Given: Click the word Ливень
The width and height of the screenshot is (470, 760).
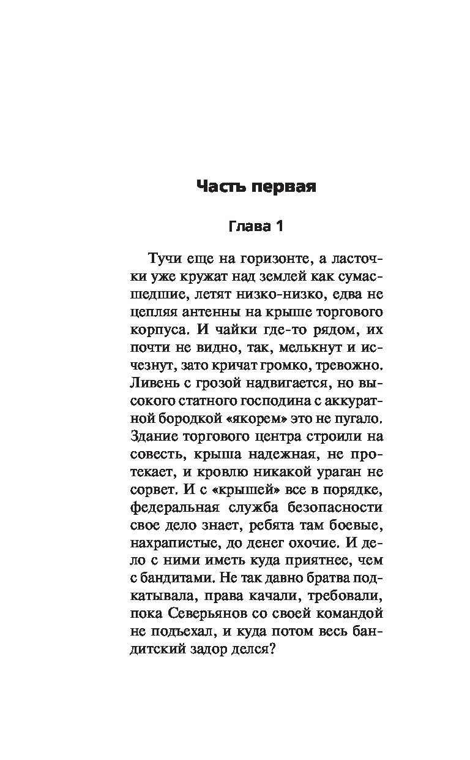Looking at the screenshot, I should tap(154, 384).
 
